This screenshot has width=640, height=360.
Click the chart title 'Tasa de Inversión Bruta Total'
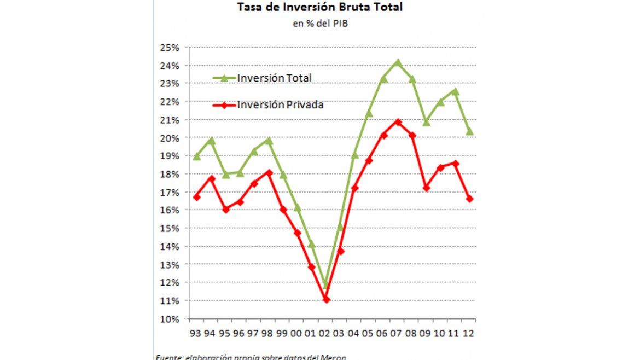click(x=320, y=8)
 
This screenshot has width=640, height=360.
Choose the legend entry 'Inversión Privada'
click(x=280, y=104)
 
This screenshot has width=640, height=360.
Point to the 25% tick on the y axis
click(x=170, y=48)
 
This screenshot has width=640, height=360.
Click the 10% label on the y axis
click(x=170, y=319)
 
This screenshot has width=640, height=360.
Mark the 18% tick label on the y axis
click(x=170, y=174)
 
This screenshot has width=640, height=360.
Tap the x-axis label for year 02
click(x=325, y=333)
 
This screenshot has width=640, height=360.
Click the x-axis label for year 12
click(x=469, y=333)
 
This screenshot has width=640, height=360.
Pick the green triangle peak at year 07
click(x=398, y=62)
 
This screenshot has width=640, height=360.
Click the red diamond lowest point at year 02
click(x=326, y=299)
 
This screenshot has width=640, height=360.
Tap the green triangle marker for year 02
click(x=326, y=284)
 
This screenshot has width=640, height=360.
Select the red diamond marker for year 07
click(x=398, y=121)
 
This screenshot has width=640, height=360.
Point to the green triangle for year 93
click(x=196, y=156)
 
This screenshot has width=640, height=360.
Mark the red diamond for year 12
click(x=469, y=199)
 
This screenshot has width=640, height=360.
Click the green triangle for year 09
click(x=426, y=122)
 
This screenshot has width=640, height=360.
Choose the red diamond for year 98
click(x=269, y=173)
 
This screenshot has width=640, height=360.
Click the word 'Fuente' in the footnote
click(x=167, y=357)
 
